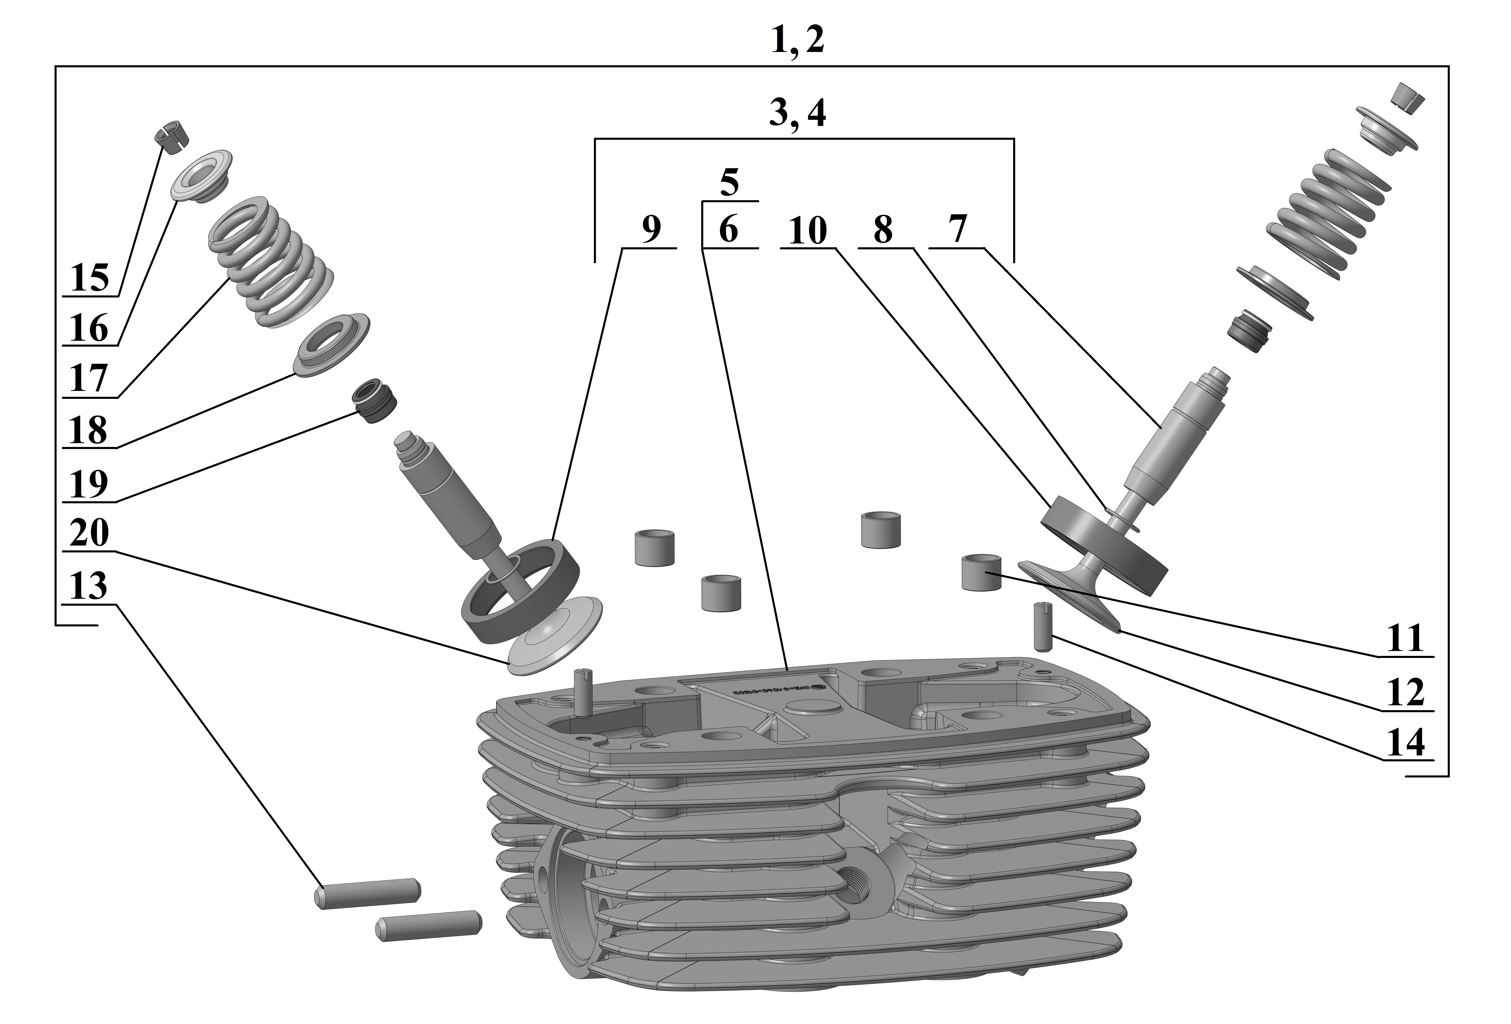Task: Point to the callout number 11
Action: [1406, 639]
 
